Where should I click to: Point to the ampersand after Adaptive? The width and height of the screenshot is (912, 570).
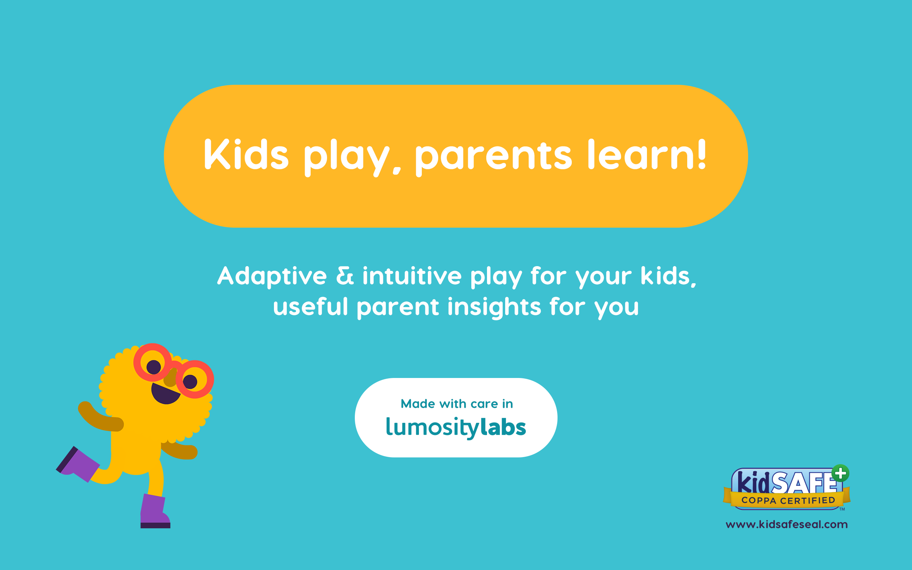[x=345, y=276]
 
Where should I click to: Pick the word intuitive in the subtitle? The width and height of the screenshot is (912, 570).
[x=412, y=276]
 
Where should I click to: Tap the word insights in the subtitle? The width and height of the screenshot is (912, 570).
[x=494, y=307]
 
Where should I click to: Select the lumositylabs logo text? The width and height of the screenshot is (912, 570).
[x=456, y=427]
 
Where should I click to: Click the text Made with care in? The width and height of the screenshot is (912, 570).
[x=456, y=404]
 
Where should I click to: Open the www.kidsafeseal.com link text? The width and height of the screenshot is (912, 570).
[x=787, y=525]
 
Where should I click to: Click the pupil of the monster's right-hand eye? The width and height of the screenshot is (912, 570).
[x=190, y=382]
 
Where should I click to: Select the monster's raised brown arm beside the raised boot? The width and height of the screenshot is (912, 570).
[x=99, y=418]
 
